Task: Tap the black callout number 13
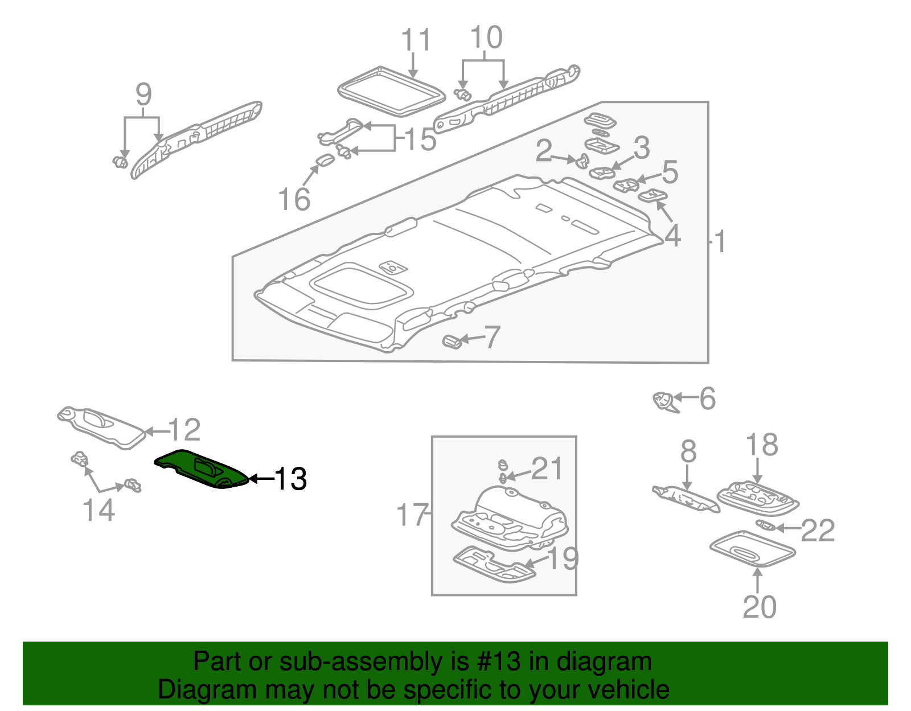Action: [291, 479]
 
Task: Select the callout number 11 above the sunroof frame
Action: [416, 40]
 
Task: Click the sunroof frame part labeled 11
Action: [392, 91]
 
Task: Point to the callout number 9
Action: [143, 94]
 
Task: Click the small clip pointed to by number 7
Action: [452, 342]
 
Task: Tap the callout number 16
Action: [294, 199]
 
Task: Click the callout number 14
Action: [99, 509]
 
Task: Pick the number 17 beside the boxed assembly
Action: [412, 515]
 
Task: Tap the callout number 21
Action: [547, 468]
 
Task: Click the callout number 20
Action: [759, 607]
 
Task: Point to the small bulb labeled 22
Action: [765, 525]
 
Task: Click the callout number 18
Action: [761, 445]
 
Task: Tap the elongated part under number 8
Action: [686, 499]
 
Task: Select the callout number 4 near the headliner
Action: [672, 235]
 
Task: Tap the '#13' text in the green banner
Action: [495, 662]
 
